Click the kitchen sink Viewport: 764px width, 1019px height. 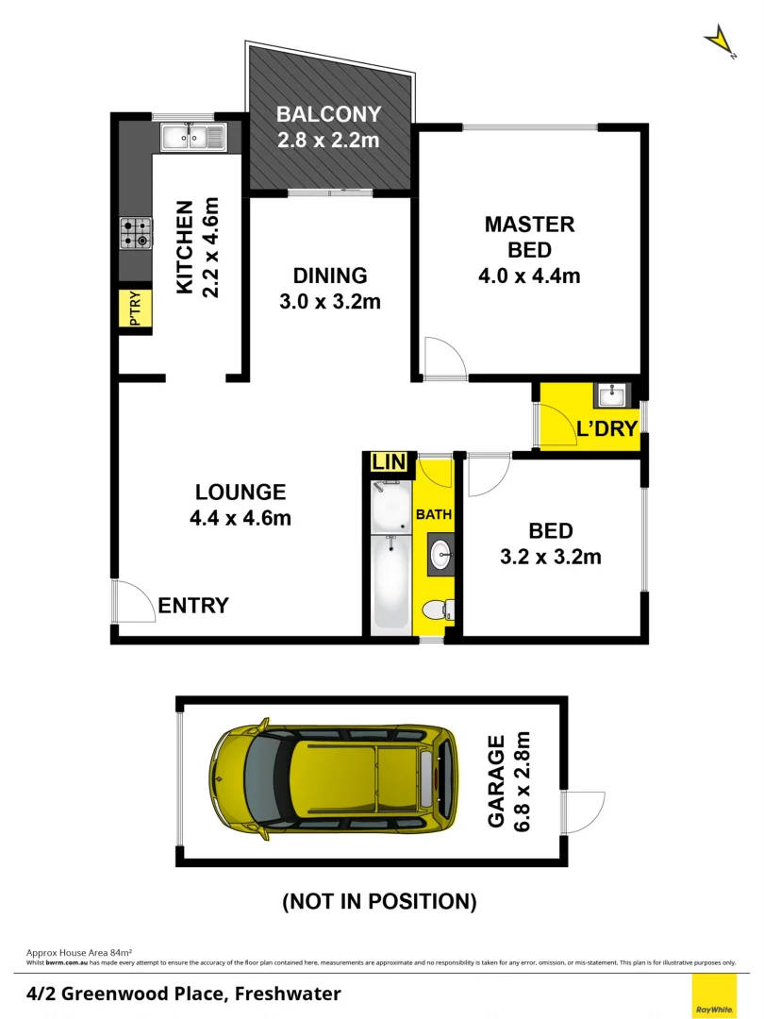193,138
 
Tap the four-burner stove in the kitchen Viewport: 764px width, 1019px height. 136,233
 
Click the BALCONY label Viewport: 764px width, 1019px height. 328,115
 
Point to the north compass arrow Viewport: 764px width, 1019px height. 721,41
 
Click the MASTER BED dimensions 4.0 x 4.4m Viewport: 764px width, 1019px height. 529,276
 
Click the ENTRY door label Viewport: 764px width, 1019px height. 192,606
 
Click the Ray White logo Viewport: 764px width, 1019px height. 714,996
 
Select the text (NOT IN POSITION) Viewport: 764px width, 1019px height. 379,901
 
